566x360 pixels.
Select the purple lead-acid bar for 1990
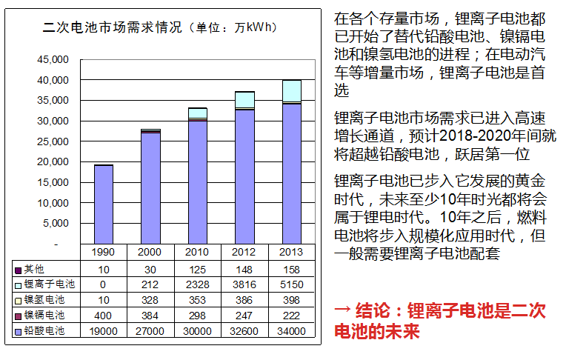103,204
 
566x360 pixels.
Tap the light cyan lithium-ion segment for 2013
291,90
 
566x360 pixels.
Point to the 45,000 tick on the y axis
53,59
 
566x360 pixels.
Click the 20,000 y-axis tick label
53,161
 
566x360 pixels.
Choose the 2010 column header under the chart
197,253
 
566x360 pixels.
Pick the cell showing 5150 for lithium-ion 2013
291,284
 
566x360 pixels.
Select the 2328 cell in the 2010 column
197,284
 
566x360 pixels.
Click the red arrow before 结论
342,310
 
